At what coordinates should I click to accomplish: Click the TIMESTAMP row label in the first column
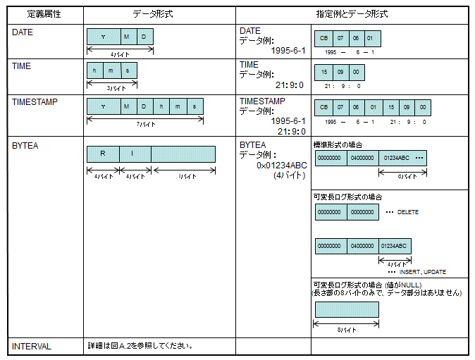click(35, 101)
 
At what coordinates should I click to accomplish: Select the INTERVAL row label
click(32, 347)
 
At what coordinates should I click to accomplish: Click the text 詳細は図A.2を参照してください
click(140, 347)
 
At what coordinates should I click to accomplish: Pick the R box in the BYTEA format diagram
click(103, 154)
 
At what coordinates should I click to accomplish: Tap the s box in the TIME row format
click(128, 71)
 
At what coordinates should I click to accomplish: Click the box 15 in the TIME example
click(323, 72)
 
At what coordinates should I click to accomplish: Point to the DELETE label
click(407, 211)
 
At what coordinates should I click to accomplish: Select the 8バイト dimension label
click(346, 329)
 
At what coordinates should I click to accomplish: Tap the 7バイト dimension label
click(145, 124)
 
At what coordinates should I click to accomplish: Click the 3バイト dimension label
click(112, 89)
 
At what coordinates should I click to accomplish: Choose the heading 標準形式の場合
click(338, 144)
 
